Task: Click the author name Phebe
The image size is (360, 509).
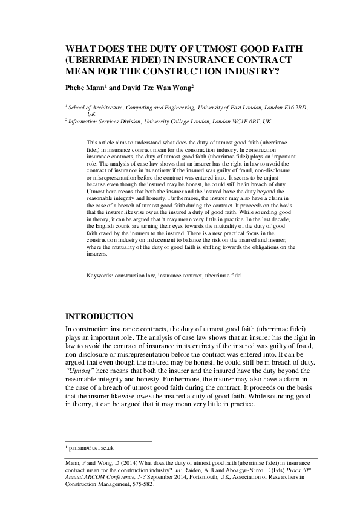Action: coord(78,87)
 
